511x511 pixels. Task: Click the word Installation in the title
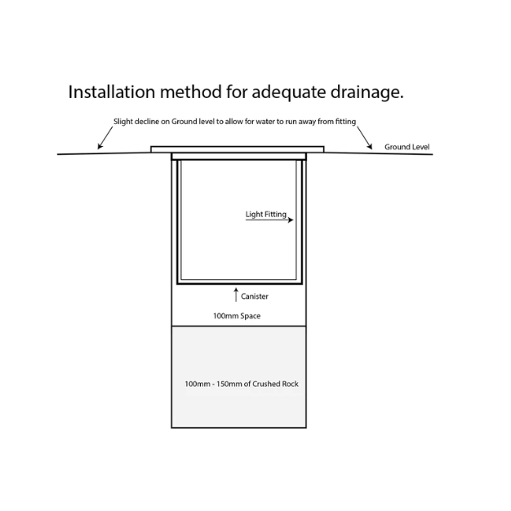coord(112,91)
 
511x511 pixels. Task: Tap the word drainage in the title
coord(367,93)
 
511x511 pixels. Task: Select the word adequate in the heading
coord(289,93)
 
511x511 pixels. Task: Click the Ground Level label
coord(407,147)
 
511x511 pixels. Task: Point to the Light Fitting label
coord(266,215)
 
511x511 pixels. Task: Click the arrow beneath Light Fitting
coord(269,220)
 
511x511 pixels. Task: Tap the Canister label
coord(255,296)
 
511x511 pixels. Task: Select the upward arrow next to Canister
coord(236,295)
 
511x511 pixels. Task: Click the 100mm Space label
coord(237,316)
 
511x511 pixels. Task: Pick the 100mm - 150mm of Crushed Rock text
coord(242,384)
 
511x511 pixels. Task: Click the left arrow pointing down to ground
coord(105,138)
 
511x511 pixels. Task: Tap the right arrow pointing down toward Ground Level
coord(364,138)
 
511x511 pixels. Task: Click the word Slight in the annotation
coord(123,122)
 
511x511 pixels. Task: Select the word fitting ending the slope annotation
coord(346,122)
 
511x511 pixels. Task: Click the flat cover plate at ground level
coord(238,149)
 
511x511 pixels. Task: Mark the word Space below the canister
coord(249,316)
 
